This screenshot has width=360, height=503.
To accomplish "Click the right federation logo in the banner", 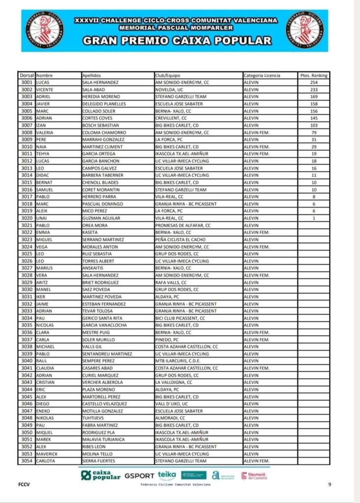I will click(x=305, y=30).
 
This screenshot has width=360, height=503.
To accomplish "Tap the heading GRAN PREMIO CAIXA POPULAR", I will click(x=177, y=41).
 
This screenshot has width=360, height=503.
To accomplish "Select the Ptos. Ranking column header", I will click(x=313, y=75).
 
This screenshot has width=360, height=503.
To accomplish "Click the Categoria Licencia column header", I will click(x=262, y=75).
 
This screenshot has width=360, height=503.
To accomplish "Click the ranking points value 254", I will click(x=313, y=83).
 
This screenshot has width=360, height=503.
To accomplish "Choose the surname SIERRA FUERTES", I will click(x=99, y=461).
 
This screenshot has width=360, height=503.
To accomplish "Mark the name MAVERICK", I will click(x=47, y=454).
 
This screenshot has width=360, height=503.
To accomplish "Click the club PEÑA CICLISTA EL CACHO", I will click(x=180, y=239).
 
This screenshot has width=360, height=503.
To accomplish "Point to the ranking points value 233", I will click(x=313, y=89).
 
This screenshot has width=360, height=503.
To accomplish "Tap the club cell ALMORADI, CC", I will click(x=170, y=418).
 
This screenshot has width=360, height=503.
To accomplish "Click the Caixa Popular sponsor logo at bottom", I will click(x=101, y=475).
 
